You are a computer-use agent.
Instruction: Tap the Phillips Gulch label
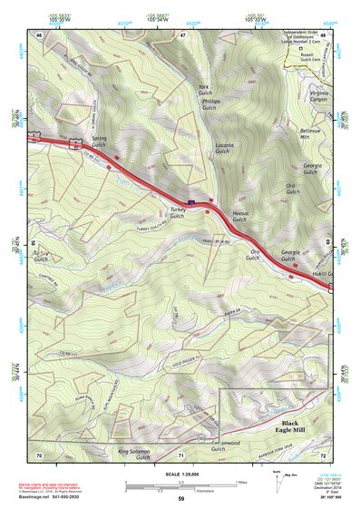pyautogui.click(x=210, y=108)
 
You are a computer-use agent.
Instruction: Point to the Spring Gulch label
pyautogui.click(x=99, y=142)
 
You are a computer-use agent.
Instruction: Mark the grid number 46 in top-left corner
pyautogui.click(x=39, y=34)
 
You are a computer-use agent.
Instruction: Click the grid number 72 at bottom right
pyautogui.click(x=322, y=453)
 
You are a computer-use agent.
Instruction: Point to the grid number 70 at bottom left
pyautogui.click(x=39, y=453)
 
